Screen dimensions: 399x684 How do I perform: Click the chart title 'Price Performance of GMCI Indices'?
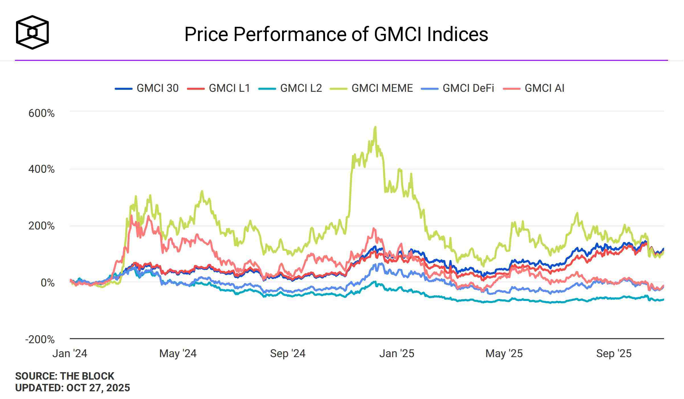click(336, 34)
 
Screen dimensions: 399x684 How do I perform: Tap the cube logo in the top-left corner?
click(32, 32)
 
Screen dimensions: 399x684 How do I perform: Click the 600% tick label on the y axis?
click(42, 113)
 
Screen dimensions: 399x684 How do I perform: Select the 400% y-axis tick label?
click(42, 169)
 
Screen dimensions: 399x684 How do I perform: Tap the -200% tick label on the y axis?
click(40, 339)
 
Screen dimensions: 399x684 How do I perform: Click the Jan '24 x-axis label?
click(70, 353)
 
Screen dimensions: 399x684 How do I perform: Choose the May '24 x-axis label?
click(178, 353)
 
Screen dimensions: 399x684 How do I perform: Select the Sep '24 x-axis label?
click(288, 353)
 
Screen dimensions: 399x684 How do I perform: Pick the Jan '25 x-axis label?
click(397, 353)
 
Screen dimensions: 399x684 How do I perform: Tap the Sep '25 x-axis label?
click(614, 353)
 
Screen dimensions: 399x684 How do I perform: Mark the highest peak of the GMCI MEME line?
click(375, 127)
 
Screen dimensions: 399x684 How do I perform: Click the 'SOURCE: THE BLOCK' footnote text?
click(65, 376)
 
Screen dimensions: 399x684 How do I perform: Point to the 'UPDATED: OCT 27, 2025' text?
click(73, 388)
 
